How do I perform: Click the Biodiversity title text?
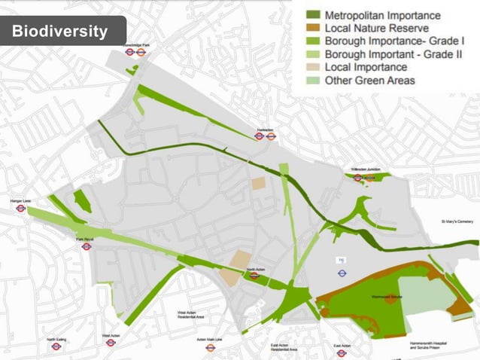[59, 32]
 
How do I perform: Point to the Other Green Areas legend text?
[369, 81]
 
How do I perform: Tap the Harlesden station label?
[265, 130]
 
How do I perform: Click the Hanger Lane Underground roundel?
[21, 209]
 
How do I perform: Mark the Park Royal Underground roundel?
[87, 246]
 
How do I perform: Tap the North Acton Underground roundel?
[254, 276]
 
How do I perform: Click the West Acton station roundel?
[111, 343]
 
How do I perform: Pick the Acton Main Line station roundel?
[211, 347]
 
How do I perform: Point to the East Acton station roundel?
[342, 352]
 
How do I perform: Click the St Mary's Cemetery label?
[457, 221]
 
